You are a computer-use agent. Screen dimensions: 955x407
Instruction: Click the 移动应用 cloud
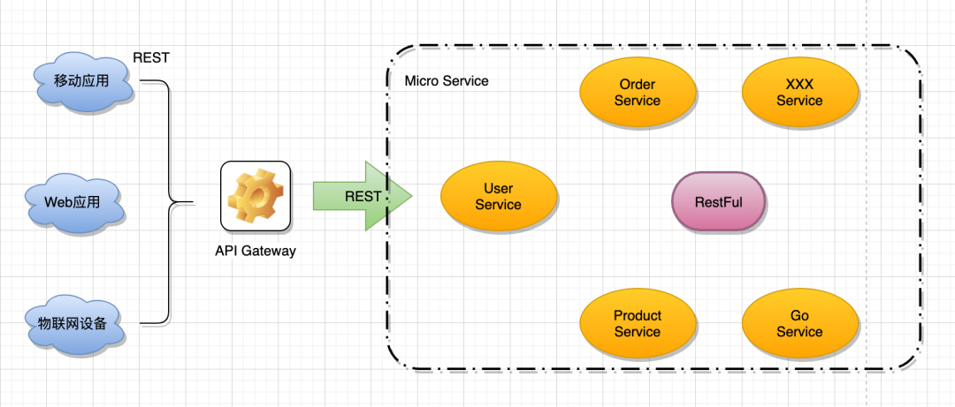[83, 81]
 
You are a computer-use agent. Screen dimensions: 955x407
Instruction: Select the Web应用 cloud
[74, 202]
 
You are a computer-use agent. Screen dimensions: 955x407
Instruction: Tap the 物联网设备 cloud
[74, 323]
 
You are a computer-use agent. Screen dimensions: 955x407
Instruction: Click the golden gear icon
[256, 195]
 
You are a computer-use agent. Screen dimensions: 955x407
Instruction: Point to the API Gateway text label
[256, 251]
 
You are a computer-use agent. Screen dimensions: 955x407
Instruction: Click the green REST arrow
[363, 196]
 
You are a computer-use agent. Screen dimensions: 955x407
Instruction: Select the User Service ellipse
[498, 196]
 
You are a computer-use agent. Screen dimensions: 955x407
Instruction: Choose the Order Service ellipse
[637, 92]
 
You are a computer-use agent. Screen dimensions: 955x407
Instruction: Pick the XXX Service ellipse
[799, 92]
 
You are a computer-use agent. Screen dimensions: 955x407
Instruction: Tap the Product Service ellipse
[637, 324]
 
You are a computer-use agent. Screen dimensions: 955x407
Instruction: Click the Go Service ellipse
[799, 324]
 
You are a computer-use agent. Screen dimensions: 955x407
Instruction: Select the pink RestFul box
[719, 201]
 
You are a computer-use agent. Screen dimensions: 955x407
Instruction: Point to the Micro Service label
[447, 81]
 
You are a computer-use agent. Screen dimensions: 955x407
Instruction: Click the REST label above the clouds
[151, 57]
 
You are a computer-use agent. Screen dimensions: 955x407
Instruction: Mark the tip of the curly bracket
[193, 202]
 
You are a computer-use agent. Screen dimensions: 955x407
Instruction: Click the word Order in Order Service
[637, 84]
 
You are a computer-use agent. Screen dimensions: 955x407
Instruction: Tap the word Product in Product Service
[637, 316]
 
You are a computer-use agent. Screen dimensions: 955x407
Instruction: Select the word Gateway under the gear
[270, 251]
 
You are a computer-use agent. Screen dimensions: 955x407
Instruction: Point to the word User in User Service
[498, 188]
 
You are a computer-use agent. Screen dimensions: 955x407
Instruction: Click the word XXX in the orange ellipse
[799, 84]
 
